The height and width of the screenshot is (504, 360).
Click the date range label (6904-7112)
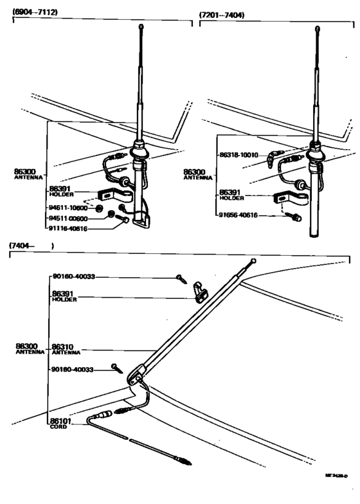39,14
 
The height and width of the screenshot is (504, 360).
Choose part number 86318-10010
239,155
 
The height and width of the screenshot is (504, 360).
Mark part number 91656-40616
239,215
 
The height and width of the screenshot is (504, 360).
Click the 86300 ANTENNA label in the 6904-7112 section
27,173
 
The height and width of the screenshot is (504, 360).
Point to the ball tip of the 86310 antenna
255,261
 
